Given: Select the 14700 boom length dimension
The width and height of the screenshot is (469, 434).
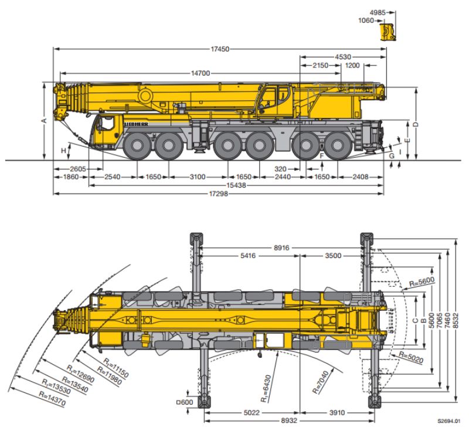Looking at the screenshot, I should tap(200, 73).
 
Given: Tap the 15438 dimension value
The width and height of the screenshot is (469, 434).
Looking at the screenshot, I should tap(236, 185).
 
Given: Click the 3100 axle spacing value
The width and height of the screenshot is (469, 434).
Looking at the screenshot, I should tap(198, 177).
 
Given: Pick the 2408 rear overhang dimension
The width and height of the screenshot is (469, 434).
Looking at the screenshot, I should tap(361, 177).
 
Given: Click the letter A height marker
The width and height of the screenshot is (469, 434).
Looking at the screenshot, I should tap(43, 121).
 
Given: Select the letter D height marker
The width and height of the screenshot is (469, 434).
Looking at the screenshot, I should tap(416, 124).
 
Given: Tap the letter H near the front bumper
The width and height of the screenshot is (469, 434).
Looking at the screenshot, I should tap(64, 151).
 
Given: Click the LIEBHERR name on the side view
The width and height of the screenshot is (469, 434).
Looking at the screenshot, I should tap(137, 124).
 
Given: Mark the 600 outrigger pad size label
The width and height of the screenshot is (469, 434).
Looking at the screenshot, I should tap(186, 402).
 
